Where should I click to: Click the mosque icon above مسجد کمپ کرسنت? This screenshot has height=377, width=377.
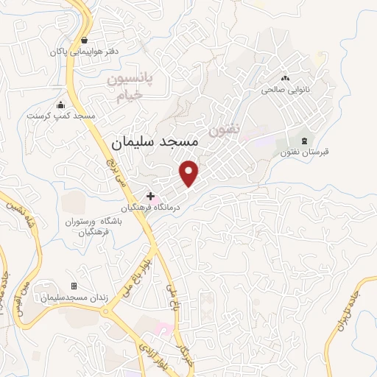point(61,105)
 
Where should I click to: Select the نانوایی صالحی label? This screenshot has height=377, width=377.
point(285,91)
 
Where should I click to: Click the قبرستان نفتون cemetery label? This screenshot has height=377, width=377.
point(303,152)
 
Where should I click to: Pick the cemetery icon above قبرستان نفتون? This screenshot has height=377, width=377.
point(303,140)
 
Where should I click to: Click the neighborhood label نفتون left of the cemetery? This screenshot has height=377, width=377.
point(225,128)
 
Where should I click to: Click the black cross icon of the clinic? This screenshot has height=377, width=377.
point(151,197)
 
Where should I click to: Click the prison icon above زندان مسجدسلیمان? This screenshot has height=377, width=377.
point(73,286)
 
